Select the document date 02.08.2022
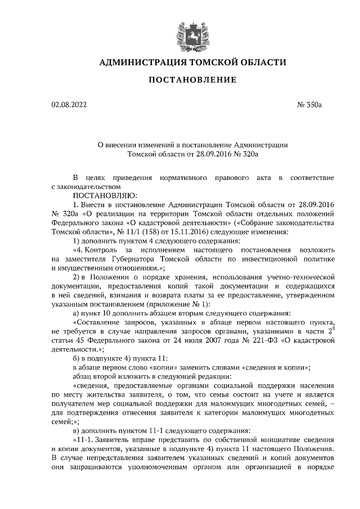tap(68, 105)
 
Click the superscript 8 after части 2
tap(333, 327)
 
